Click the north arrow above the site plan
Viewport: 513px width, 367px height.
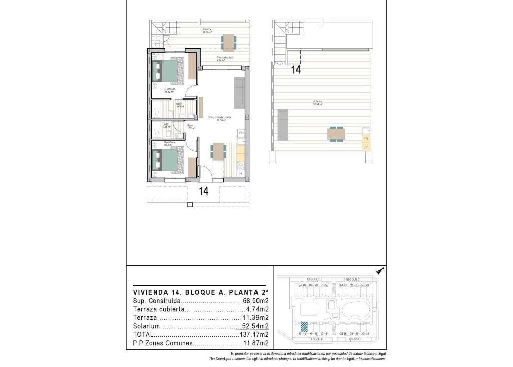[380, 271]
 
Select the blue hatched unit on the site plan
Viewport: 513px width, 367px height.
[303, 325]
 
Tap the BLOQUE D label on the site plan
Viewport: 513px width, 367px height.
[314, 279]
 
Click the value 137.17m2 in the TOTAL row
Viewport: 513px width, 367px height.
[256, 334]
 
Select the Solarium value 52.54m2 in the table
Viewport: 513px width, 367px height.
[256, 326]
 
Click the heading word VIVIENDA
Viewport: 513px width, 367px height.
[150, 292]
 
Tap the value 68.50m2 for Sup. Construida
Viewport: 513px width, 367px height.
[256, 301]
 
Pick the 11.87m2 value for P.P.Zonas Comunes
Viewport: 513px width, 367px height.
[256, 343]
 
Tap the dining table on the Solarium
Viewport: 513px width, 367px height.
[336, 134]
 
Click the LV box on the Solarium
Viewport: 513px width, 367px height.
[365, 147]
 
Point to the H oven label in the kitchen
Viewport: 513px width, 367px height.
[240, 174]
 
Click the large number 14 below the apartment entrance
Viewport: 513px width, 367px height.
[204, 191]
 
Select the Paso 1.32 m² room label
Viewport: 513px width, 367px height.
[191, 127]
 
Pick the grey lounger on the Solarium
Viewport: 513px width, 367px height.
[283, 125]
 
